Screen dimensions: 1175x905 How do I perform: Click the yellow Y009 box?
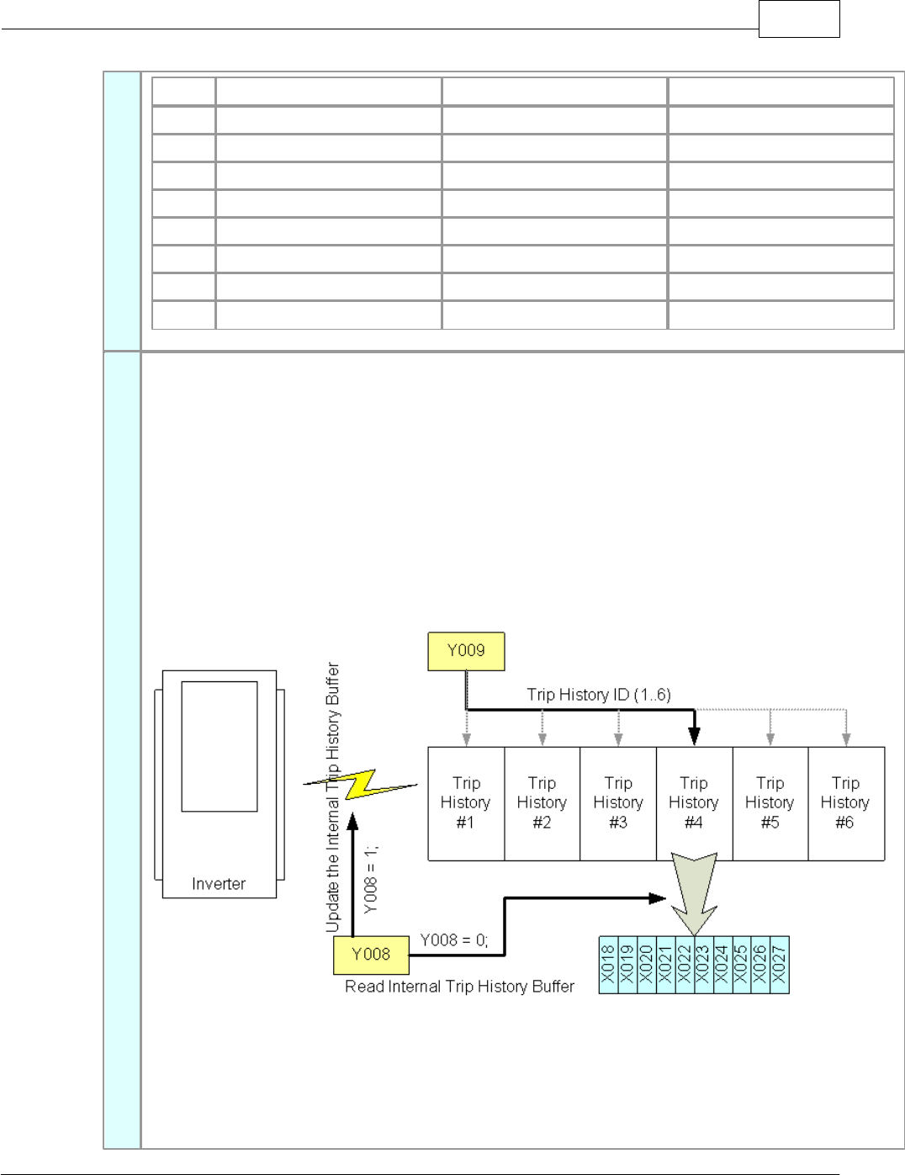click(x=466, y=651)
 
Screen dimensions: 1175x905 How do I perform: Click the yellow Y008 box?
click(x=371, y=955)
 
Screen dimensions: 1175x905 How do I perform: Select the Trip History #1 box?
click(x=466, y=803)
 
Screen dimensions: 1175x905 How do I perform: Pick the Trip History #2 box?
click(x=542, y=803)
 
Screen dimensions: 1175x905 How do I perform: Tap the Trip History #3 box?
click(x=618, y=803)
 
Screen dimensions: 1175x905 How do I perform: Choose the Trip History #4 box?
click(x=694, y=803)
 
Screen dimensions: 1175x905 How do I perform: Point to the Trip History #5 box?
click(x=770, y=803)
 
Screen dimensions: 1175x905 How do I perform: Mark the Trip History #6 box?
click(x=845, y=803)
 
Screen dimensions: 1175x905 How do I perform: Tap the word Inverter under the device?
click(x=219, y=884)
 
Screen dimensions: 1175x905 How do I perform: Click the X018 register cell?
click(x=608, y=965)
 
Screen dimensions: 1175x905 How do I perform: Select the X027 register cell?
click(x=780, y=965)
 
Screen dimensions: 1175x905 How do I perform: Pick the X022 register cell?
click(x=685, y=965)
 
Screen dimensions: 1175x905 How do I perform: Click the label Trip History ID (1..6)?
click(x=599, y=695)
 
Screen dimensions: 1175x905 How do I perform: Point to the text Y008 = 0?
click(x=453, y=940)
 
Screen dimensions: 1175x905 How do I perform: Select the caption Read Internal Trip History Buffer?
click(x=459, y=987)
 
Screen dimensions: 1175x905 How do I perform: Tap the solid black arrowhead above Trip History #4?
click(x=694, y=738)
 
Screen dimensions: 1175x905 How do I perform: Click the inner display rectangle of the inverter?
click(x=219, y=746)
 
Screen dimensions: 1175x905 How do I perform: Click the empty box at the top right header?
click(x=799, y=19)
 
